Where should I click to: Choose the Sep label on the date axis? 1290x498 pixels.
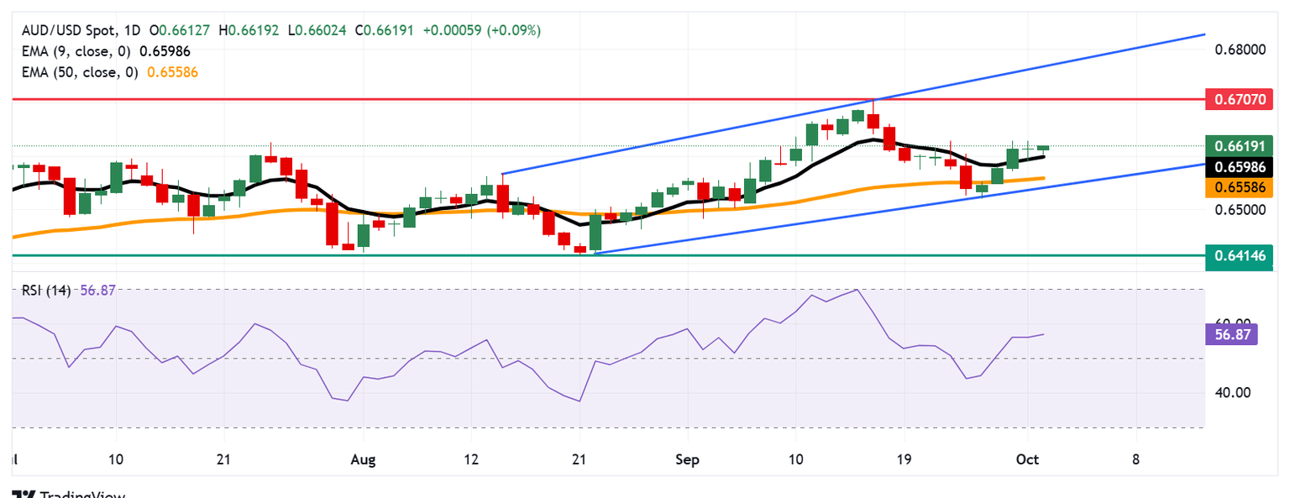pyautogui.click(x=687, y=459)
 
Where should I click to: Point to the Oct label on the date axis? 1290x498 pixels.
pyautogui.click(x=1027, y=459)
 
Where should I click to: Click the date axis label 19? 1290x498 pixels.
pyautogui.click(x=904, y=459)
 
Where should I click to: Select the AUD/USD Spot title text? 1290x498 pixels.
pyautogui.click(x=66, y=30)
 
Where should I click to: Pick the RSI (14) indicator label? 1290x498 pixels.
pyautogui.click(x=45, y=290)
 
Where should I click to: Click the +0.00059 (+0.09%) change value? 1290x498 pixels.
pyautogui.click(x=482, y=30)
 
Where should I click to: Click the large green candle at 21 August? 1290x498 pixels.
pyautogui.click(x=595, y=231)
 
